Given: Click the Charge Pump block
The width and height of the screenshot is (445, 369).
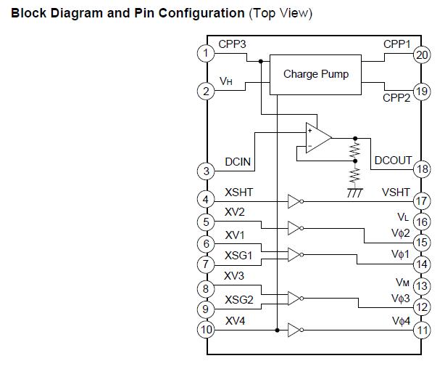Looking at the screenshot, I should [315, 74].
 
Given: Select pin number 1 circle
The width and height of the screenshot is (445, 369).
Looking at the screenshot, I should [207, 53].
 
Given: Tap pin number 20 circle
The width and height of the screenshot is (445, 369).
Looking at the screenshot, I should [422, 54].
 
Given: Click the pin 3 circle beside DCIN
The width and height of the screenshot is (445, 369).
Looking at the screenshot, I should [207, 171].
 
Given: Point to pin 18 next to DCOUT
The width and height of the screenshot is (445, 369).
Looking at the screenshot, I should [422, 169].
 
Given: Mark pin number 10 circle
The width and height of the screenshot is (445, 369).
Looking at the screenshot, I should [207, 330].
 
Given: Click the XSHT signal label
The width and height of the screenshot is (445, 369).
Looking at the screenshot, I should [239, 192].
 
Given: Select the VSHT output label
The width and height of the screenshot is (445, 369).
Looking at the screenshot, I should [396, 192].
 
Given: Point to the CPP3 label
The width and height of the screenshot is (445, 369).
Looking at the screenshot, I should [232, 44].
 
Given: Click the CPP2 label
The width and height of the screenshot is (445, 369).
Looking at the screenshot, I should [396, 97].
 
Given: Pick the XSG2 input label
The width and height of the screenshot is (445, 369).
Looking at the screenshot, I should [239, 299].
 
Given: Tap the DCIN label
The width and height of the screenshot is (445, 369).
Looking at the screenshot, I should [238, 162].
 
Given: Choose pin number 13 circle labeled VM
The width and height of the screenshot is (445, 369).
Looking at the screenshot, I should [422, 287].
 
